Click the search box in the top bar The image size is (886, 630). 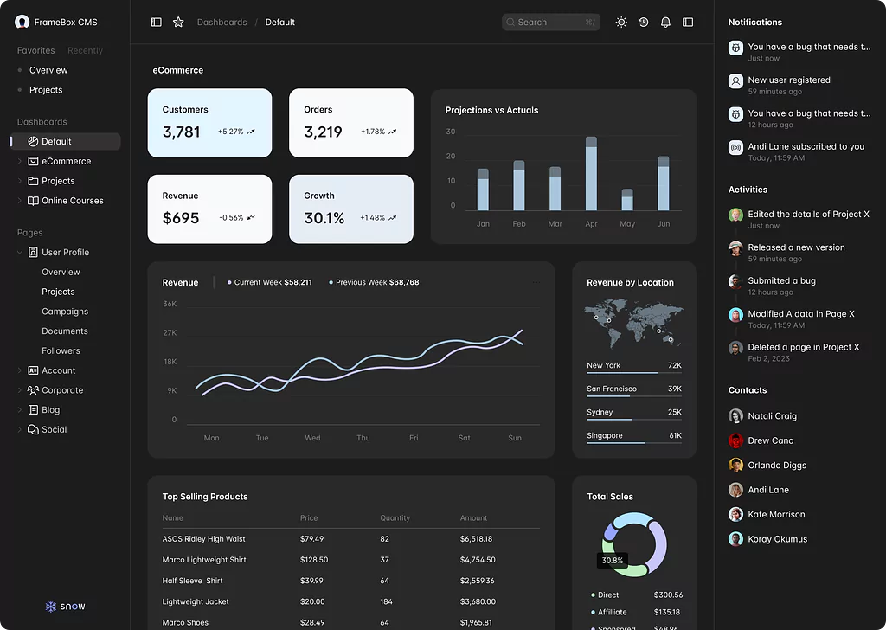pos(550,22)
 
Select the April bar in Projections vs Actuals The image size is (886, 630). pos(591,173)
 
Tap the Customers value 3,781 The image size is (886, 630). pos(181,132)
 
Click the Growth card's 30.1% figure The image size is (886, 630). pos(324,218)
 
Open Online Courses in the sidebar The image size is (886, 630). pos(73,201)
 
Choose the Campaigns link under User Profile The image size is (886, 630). pos(65,312)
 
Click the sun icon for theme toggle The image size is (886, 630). pos(621,22)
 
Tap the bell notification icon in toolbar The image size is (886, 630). pos(665,22)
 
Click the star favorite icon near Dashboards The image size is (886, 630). pos(178,22)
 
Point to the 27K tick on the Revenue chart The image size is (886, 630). pos(170,333)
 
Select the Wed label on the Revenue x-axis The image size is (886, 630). pos(312,438)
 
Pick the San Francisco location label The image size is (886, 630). pos(611,389)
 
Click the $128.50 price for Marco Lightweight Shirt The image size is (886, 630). pos(314,560)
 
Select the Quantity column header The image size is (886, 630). pos(395,517)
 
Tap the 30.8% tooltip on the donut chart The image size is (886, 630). pos(612,561)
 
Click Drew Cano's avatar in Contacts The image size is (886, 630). pos(735,440)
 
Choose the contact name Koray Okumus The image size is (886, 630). pos(777,539)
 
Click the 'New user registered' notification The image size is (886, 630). pos(788,80)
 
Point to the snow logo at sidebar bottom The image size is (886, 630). pos(66,607)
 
